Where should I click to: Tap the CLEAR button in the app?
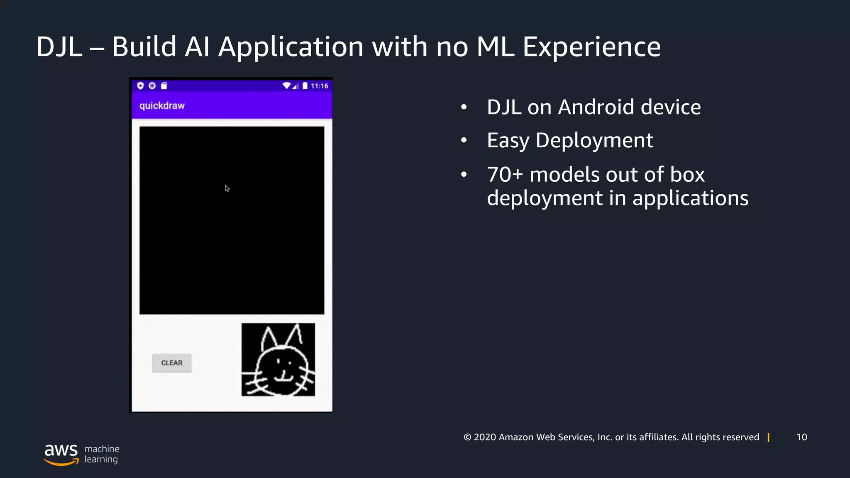pyautogui.click(x=172, y=363)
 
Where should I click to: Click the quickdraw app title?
pyautogui.click(x=162, y=106)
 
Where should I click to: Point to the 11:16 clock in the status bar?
pyautogui.click(x=319, y=86)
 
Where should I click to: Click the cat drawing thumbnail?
pyautogui.click(x=278, y=360)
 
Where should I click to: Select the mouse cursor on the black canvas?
pyautogui.click(x=227, y=188)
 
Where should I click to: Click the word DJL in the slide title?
pyautogui.click(x=59, y=46)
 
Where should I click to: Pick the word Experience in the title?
pyautogui.click(x=591, y=46)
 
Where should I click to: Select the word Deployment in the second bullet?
pyautogui.click(x=594, y=140)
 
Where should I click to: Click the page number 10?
pyautogui.click(x=801, y=437)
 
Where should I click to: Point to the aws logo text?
pyautogui.click(x=61, y=451)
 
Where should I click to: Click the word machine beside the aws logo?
pyautogui.click(x=102, y=449)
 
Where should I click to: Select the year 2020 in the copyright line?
pyautogui.click(x=485, y=437)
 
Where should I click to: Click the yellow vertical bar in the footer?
pyautogui.click(x=769, y=437)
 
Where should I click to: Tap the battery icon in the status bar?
pyautogui.click(x=305, y=86)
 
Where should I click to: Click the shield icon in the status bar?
pyautogui.click(x=140, y=85)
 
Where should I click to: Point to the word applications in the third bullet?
pyautogui.click(x=690, y=198)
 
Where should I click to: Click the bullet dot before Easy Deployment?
pyautogui.click(x=464, y=141)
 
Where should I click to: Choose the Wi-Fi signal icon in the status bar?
pyautogui.click(x=286, y=86)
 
